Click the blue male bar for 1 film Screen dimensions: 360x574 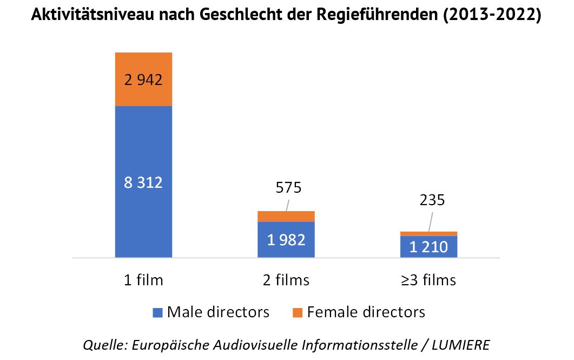click(x=143, y=217)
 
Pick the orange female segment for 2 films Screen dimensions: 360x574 click(x=286, y=216)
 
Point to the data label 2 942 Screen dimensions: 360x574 click(x=143, y=80)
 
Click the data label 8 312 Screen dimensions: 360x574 click(x=143, y=182)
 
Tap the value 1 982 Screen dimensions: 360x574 click(x=286, y=240)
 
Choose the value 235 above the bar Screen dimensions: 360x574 click(x=432, y=200)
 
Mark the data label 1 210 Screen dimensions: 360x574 click(x=428, y=247)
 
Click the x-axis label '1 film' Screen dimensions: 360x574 click(x=143, y=280)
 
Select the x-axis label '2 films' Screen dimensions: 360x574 click(x=285, y=280)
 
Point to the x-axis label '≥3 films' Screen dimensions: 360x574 click(x=428, y=280)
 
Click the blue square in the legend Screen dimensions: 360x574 click(x=157, y=312)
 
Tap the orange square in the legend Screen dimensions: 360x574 click(x=297, y=312)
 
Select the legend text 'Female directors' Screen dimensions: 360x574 click(x=366, y=312)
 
